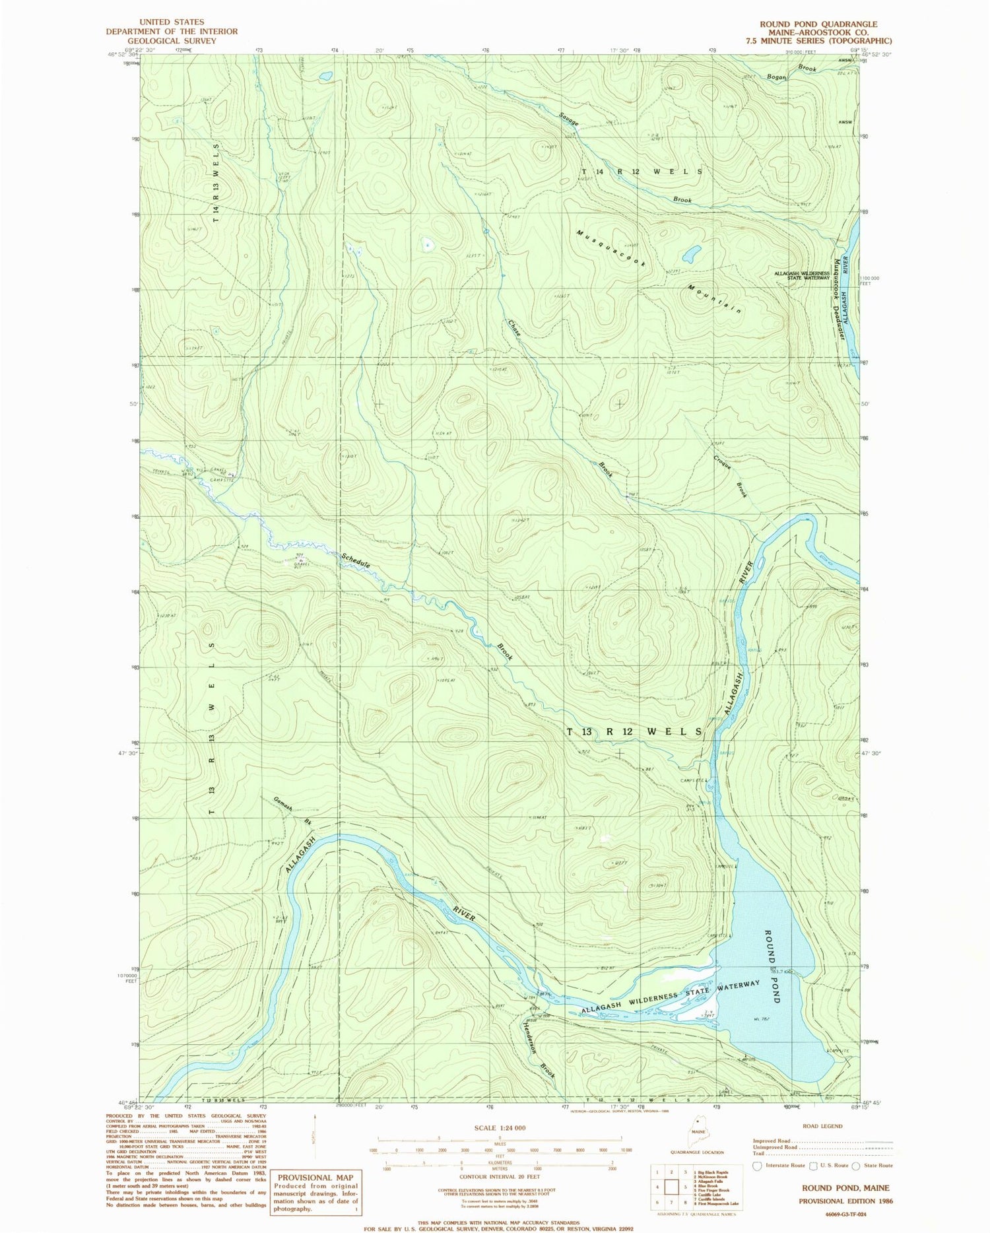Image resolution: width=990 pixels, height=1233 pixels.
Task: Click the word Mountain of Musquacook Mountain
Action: (715, 299)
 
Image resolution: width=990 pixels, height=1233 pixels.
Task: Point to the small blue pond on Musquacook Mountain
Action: (691, 253)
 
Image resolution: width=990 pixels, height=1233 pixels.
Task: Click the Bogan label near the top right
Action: (776, 77)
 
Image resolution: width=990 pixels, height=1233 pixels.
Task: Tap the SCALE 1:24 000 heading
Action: (500, 1127)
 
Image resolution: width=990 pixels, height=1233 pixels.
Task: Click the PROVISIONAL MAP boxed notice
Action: (315, 1178)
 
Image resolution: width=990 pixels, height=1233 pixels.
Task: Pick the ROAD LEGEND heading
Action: (822, 1126)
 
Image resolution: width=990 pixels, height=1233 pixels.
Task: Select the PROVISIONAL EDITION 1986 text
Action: (845, 1201)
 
